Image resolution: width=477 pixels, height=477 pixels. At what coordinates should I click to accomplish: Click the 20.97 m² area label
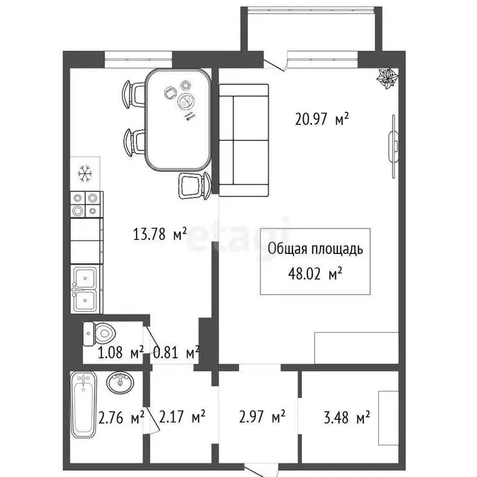(321, 119)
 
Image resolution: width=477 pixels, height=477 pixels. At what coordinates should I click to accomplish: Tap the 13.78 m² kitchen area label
(160, 235)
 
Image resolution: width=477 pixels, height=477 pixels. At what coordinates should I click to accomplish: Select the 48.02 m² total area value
(316, 273)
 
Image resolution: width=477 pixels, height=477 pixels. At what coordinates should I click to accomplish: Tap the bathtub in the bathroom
(84, 403)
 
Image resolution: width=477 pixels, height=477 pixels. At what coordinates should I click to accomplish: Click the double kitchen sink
(84, 289)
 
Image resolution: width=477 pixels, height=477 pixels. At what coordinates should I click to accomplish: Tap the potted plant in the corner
(389, 79)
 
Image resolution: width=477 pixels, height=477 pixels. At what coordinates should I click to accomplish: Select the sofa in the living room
(244, 140)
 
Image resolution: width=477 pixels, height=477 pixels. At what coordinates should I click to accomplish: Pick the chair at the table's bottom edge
(195, 185)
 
